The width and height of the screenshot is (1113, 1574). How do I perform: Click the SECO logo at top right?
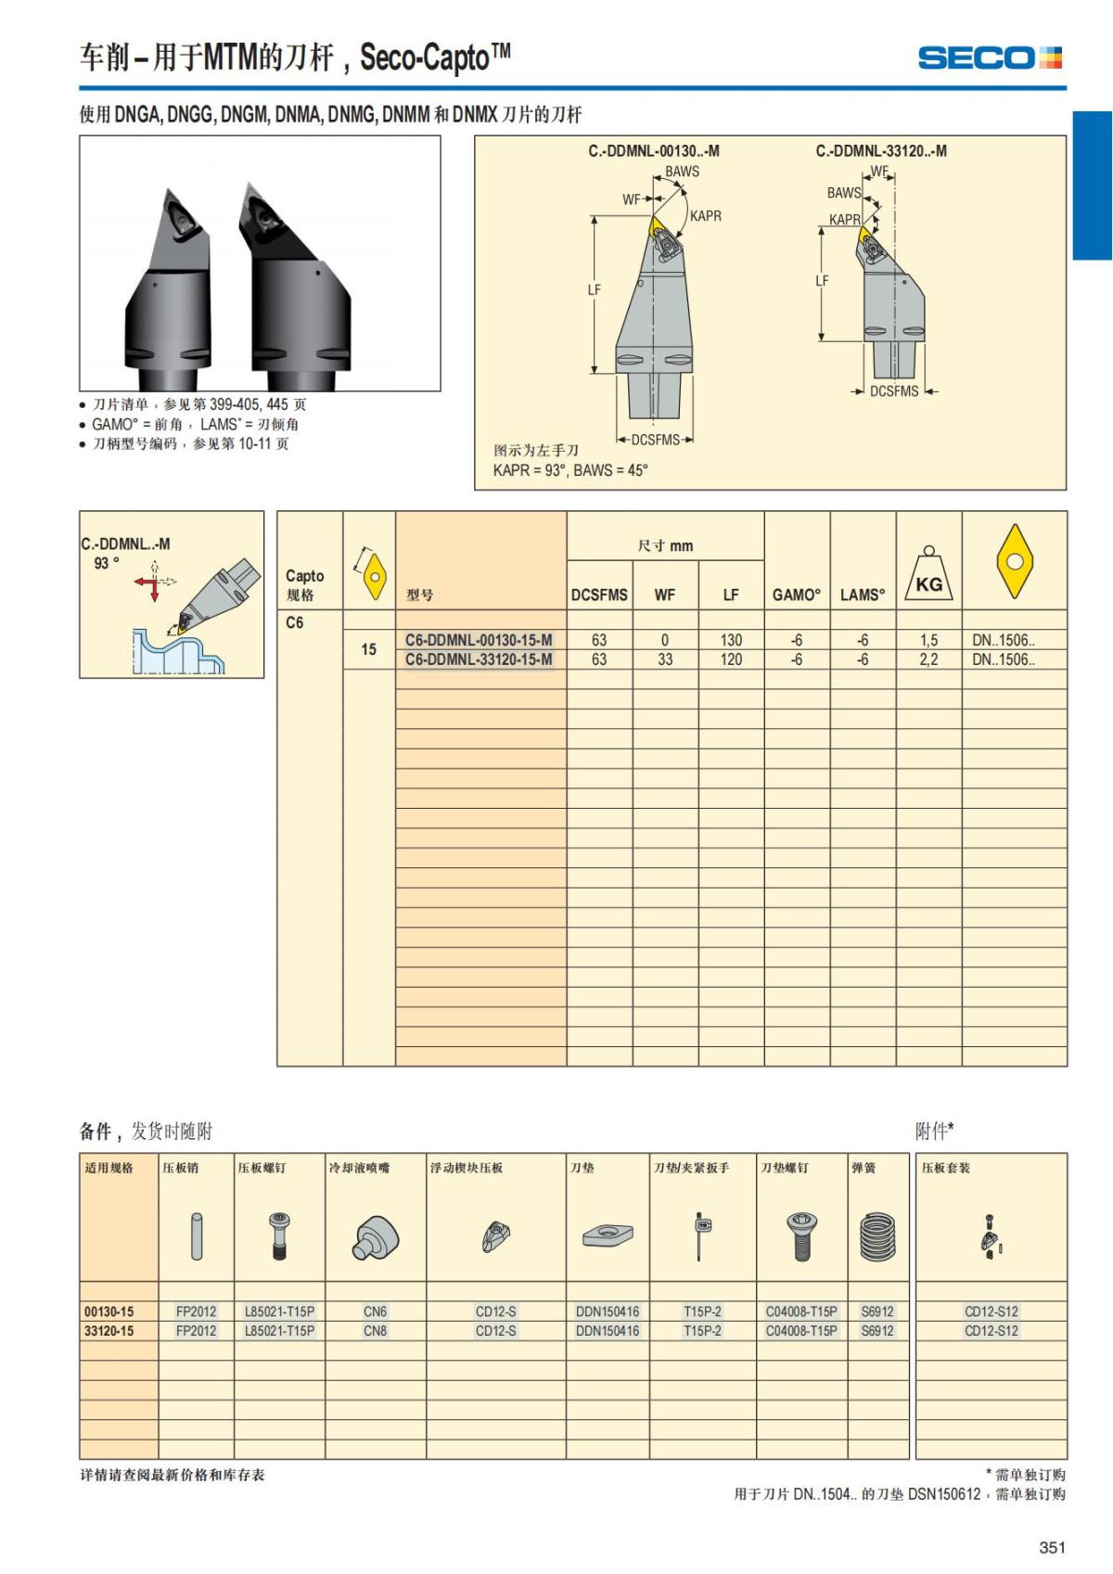coord(990,58)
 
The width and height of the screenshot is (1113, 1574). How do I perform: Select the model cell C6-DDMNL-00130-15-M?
coord(479,640)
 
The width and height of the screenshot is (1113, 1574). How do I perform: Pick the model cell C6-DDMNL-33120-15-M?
coord(479,659)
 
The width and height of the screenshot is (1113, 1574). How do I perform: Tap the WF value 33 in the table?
coord(665,659)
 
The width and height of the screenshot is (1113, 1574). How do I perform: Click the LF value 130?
coord(731,640)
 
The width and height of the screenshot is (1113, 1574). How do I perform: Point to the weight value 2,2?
coord(928,659)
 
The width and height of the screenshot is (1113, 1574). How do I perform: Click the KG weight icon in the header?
coord(928,575)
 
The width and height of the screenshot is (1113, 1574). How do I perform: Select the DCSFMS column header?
coord(599,595)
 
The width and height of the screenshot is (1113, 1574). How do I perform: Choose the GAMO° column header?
coord(797,595)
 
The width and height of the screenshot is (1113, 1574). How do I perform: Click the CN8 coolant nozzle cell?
coord(375,1331)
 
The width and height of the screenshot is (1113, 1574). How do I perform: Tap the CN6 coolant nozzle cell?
coord(375,1312)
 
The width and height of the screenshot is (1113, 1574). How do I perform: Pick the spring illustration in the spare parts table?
coord(876,1236)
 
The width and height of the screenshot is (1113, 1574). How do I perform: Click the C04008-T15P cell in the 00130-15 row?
coord(801,1312)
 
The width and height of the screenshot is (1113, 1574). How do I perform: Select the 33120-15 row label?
coord(109,1331)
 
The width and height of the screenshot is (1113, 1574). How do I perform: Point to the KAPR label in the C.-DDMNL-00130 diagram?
coord(705,216)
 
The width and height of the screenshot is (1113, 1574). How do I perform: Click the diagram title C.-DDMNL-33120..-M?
coord(881,151)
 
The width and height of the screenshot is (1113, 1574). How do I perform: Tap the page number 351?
coord(1052,1547)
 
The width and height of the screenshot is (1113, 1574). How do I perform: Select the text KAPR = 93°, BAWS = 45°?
coord(570,470)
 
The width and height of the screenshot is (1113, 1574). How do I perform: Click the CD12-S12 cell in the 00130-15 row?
coord(991,1312)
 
